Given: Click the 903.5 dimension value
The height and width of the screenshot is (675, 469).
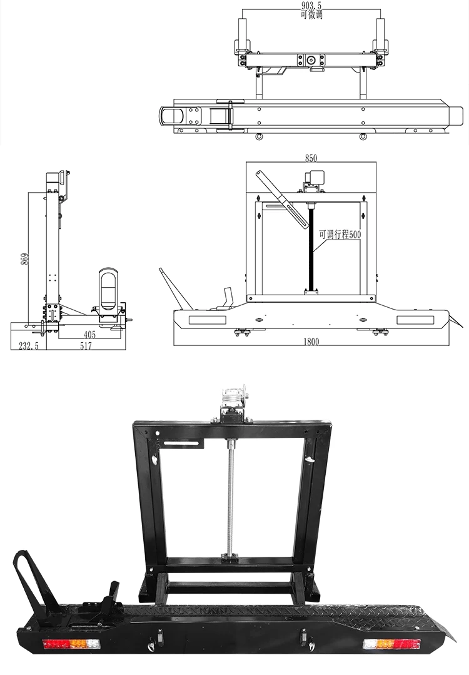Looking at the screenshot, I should click(311, 5).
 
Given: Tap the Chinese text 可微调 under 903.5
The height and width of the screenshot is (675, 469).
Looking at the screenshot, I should click(311, 14).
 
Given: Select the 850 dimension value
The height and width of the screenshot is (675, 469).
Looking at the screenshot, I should click(311, 158).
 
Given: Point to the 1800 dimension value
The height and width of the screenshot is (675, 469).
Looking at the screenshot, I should click(311, 342).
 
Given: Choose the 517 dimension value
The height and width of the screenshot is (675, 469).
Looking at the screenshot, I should click(86, 346).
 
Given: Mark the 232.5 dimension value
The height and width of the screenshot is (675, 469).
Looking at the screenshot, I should click(29, 346).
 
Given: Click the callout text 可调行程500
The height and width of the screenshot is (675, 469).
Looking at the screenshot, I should click(340, 235).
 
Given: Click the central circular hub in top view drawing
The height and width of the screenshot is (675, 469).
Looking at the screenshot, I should click(311, 61).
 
